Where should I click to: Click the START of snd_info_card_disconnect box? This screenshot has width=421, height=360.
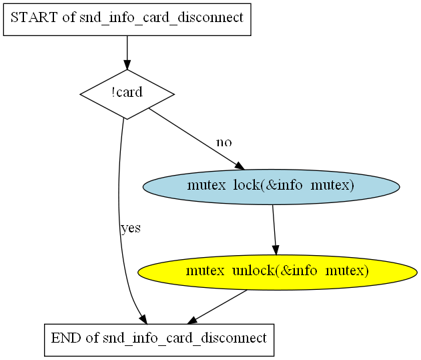(127, 18)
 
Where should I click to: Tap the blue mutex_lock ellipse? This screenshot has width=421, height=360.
(271, 186)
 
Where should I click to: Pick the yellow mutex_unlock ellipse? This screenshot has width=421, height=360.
(277, 271)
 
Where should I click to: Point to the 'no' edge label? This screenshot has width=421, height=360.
(224, 142)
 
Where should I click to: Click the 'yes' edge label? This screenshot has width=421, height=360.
(130, 228)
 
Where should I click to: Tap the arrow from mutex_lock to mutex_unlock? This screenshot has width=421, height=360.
(274, 226)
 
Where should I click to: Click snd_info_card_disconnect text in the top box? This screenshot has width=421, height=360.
(161, 18)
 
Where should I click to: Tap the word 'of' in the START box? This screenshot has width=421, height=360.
(69, 18)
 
